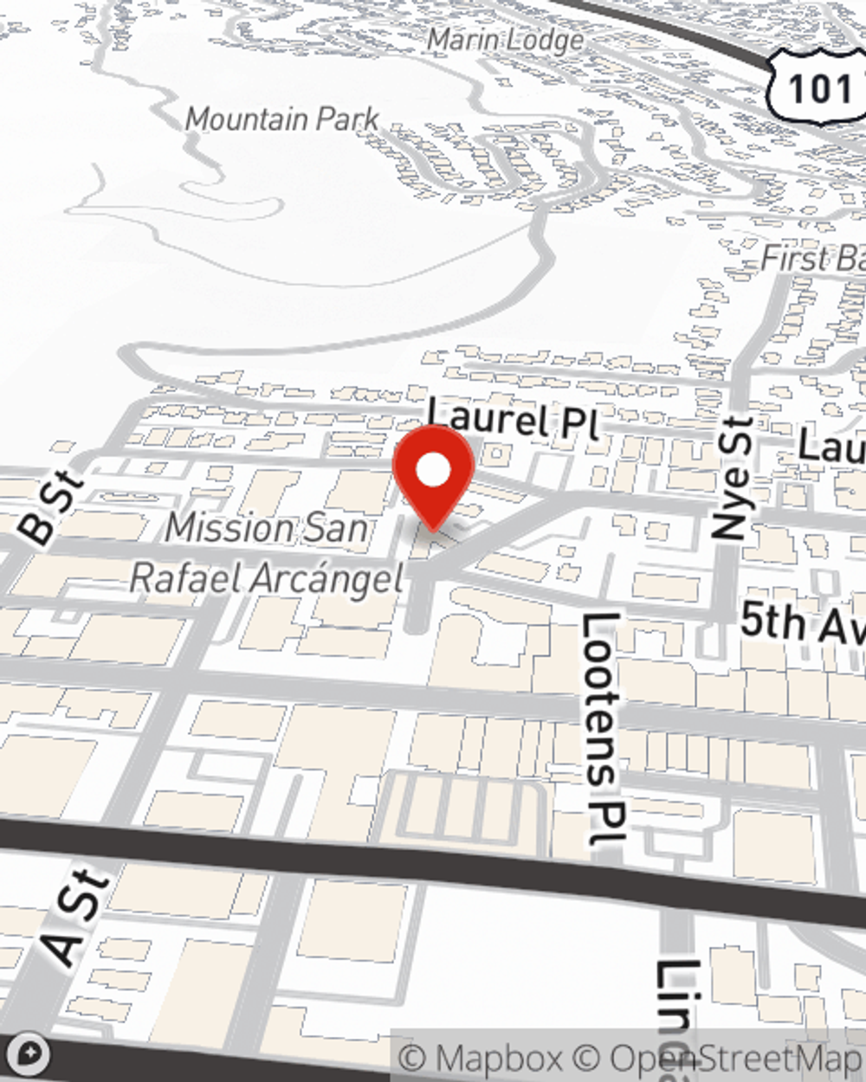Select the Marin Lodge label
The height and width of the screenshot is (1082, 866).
(x=506, y=40)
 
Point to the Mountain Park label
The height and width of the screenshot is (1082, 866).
(x=282, y=119)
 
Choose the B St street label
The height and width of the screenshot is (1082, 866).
(x=51, y=509)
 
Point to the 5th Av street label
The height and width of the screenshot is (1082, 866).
(x=801, y=623)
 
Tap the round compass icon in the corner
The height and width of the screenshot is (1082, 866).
(x=29, y=1054)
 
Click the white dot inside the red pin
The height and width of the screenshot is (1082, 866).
(x=433, y=472)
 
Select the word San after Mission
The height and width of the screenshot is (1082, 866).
(x=339, y=527)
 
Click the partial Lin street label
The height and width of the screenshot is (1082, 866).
(x=676, y=1017)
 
